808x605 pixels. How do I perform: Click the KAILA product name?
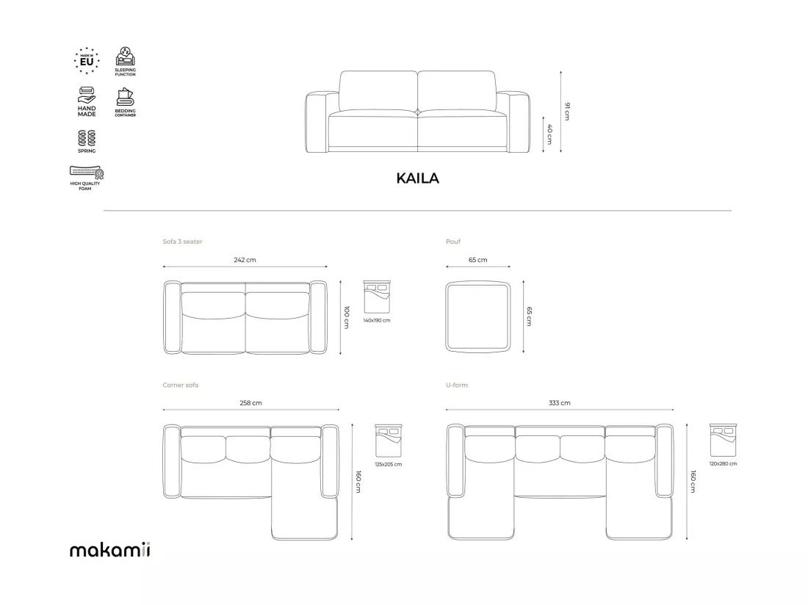click(x=417, y=178)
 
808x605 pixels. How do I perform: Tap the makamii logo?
click(x=109, y=549)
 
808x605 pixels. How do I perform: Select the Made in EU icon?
click(x=87, y=61)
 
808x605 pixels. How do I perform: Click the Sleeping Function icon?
click(x=125, y=61)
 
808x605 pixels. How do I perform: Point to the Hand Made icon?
click(x=87, y=101)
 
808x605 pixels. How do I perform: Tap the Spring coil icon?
click(x=87, y=141)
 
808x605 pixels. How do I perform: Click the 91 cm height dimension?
click(x=567, y=111)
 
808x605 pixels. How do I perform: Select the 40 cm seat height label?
click(x=549, y=134)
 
